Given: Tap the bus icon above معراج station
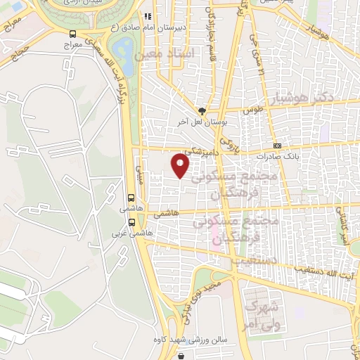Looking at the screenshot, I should point(74,33).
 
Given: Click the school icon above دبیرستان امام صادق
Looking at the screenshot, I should point(147,15).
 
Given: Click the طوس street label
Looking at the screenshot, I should point(252,111).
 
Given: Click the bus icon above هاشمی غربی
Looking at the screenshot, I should point(131,198).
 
